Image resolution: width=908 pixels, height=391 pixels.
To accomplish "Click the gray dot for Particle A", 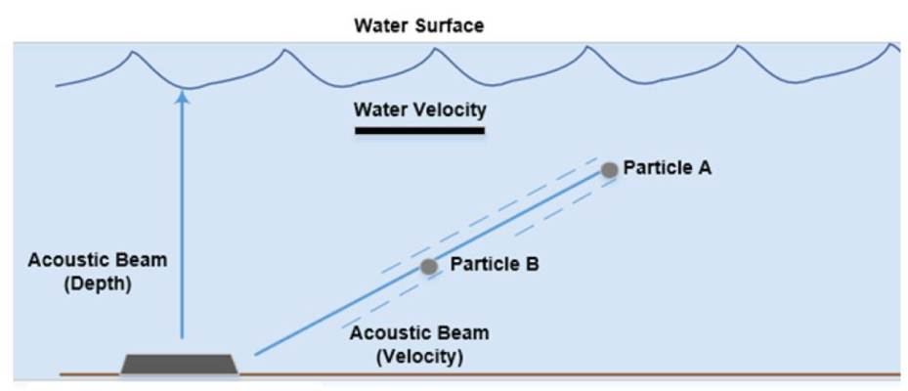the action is tap(609, 170).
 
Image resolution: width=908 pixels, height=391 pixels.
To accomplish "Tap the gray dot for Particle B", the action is tap(428, 267).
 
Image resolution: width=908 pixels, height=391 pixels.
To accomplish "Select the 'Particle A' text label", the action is tap(668, 168).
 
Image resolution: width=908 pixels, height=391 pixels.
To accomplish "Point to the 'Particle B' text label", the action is tap(495, 264).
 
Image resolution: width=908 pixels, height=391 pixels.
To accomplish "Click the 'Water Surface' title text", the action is tap(419, 25).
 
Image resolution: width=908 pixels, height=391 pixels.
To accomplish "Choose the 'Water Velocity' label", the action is tap(420, 109).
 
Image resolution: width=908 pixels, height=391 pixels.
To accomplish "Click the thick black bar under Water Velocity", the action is tap(420, 131).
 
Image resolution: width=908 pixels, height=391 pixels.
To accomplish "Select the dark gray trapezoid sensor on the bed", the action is tap(179, 365).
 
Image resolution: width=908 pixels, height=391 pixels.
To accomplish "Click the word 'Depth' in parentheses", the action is tap(98, 284).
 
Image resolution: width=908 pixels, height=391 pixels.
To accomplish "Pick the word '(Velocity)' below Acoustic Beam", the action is tap(420, 357).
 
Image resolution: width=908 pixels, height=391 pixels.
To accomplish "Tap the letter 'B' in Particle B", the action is tap(532, 264).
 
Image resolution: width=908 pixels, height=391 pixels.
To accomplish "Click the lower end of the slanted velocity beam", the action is tap(255, 354).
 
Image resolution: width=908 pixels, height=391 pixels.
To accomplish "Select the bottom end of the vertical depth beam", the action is tap(183, 337).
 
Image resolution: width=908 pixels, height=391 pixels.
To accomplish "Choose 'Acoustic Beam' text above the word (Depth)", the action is tap(98, 260).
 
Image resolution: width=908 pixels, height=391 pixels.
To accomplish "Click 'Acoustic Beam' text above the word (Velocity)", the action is tap(420, 333).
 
